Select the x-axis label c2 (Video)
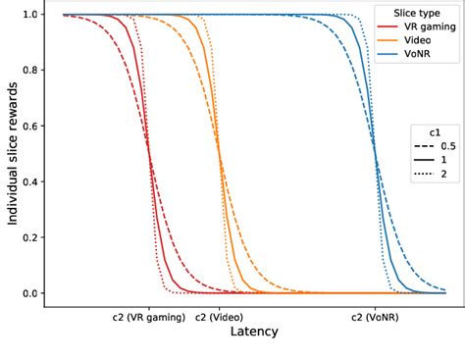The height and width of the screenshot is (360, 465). pyautogui.click(x=219, y=318)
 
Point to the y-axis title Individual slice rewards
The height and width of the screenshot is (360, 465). pyautogui.click(x=12, y=154)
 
